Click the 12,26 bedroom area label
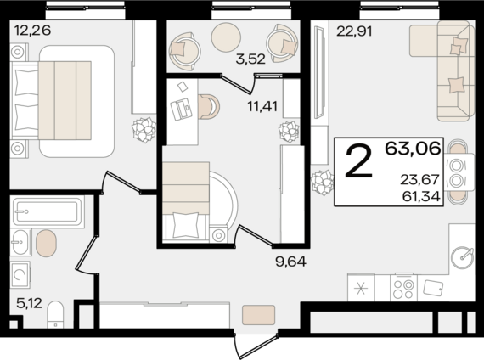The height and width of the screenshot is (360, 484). pyautogui.click(x=32, y=31)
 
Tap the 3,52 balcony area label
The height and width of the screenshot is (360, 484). pyautogui.click(x=250, y=59)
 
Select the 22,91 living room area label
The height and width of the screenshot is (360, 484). pyautogui.click(x=354, y=31)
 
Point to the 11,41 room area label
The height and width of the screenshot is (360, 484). pyautogui.click(x=262, y=106)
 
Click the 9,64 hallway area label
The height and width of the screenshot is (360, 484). pyautogui.click(x=290, y=262)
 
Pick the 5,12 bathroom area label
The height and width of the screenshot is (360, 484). pyautogui.click(x=29, y=303)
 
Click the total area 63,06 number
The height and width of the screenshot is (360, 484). pyautogui.click(x=413, y=149)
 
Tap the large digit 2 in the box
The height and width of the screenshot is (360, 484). pyautogui.click(x=359, y=162)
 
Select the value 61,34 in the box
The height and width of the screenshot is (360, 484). pyautogui.click(x=421, y=196)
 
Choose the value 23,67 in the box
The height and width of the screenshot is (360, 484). pyautogui.click(x=419, y=179)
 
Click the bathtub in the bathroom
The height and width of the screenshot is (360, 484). pyautogui.click(x=48, y=211)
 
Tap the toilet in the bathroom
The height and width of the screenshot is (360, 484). pyautogui.click(x=55, y=314)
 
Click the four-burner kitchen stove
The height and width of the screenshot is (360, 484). pyautogui.click(x=403, y=288)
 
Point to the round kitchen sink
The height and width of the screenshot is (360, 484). pyautogui.click(x=462, y=257)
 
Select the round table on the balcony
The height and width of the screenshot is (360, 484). pyautogui.click(x=226, y=37)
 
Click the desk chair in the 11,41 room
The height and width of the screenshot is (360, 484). pyautogui.click(x=209, y=106)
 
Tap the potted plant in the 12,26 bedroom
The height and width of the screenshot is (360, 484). pyautogui.click(x=144, y=130)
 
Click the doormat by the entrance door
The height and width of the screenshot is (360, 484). pyautogui.click(x=259, y=315)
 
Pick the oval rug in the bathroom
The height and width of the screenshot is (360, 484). pyautogui.click(x=47, y=244)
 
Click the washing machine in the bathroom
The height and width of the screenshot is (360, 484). pyautogui.click(x=20, y=275)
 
